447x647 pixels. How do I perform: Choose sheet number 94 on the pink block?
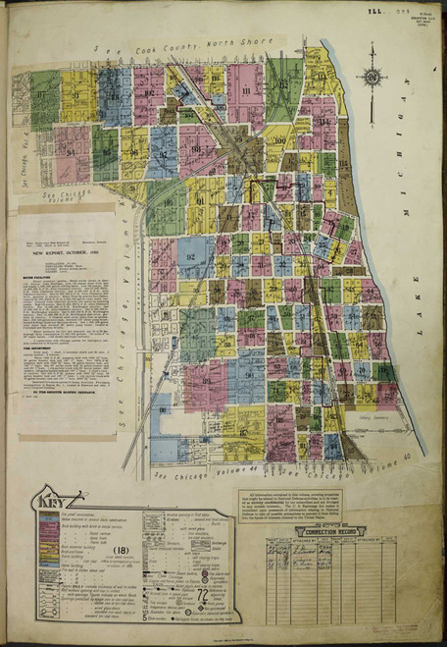pyautogui.click(x=71, y=152)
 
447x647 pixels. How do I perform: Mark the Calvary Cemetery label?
pyautogui.click(x=373, y=416)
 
